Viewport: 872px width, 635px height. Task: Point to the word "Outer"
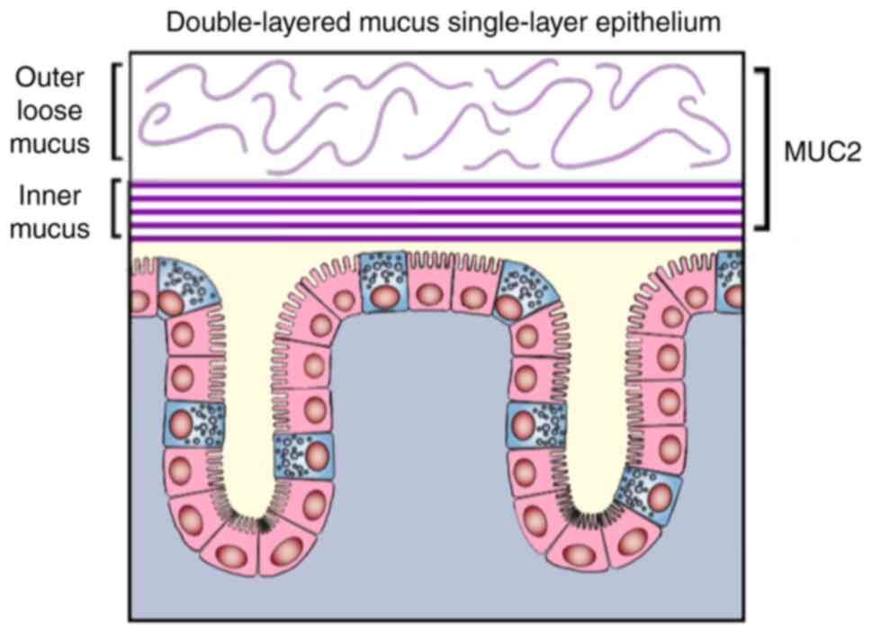(x=52, y=79)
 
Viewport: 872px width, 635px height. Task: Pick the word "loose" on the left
(x=51, y=111)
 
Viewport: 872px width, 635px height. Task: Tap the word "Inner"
(x=51, y=197)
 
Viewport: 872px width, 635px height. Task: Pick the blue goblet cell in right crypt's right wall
(x=652, y=495)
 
